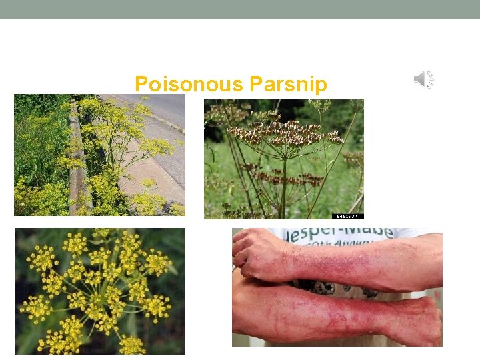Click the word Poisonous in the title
[x=188, y=85]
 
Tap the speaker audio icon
[x=423, y=80]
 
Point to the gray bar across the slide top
[x=240, y=9]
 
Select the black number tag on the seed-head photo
[x=347, y=216]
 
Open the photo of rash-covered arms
[x=337, y=287]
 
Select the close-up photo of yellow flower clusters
[x=100, y=291]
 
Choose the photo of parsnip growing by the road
[x=99, y=155]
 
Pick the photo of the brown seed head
[x=283, y=159]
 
